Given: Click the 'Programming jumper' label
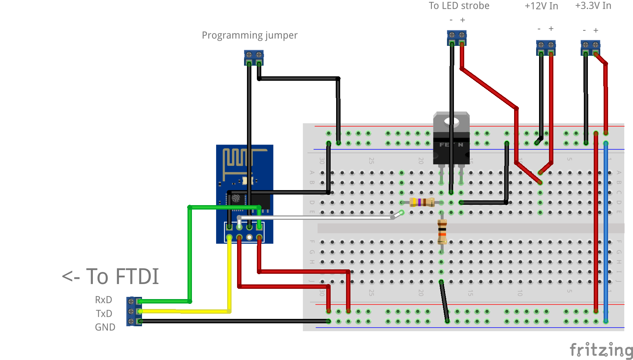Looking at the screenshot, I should (x=250, y=35).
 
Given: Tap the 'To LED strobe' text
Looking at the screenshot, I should (x=459, y=6).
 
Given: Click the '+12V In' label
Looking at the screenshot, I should (x=541, y=6).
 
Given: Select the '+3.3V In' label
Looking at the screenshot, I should (x=593, y=6).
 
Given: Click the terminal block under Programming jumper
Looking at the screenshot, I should (x=254, y=57).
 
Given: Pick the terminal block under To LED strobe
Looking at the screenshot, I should (x=456, y=37).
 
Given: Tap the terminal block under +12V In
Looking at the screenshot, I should (x=546, y=47).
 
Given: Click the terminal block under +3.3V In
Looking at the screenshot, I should (x=590, y=47).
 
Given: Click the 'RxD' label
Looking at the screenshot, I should (x=103, y=300).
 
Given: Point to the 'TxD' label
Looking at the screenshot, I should (x=104, y=313).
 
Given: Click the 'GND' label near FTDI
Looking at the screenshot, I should (x=105, y=327).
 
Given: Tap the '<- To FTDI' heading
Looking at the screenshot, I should (x=110, y=276).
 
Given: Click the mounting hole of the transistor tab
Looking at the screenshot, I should (x=451, y=122).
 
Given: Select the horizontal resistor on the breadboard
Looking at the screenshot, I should (x=422, y=202).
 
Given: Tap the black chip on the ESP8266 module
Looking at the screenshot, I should (x=259, y=201).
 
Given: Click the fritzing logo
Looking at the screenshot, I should (x=601, y=349).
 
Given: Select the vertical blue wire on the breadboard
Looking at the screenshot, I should (x=605, y=231).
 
